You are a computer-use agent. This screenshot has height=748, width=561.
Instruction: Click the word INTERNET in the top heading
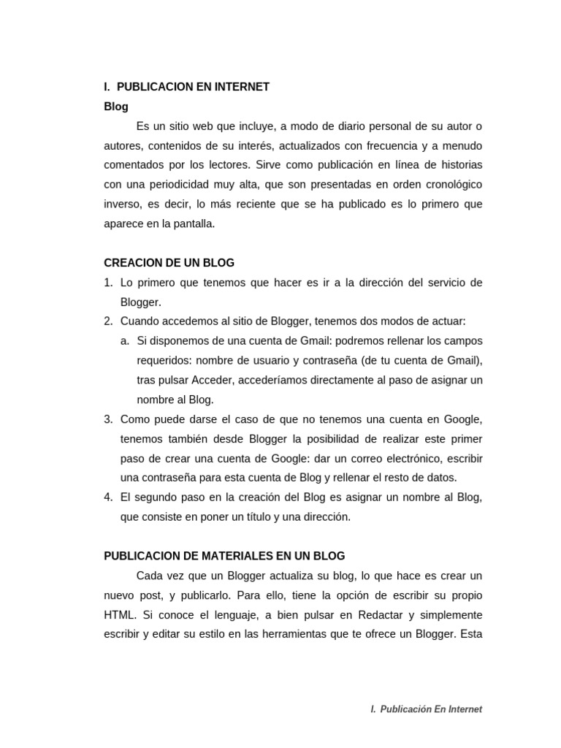[x=242, y=87]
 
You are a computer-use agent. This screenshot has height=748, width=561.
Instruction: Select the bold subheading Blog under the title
[x=116, y=107]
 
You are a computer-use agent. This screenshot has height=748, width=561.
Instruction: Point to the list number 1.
[x=107, y=283]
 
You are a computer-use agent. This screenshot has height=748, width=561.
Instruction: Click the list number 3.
[x=107, y=419]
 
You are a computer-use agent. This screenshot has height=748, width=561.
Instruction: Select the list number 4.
[x=107, y=497]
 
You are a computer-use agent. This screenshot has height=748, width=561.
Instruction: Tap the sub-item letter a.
[x=124, y=341]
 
